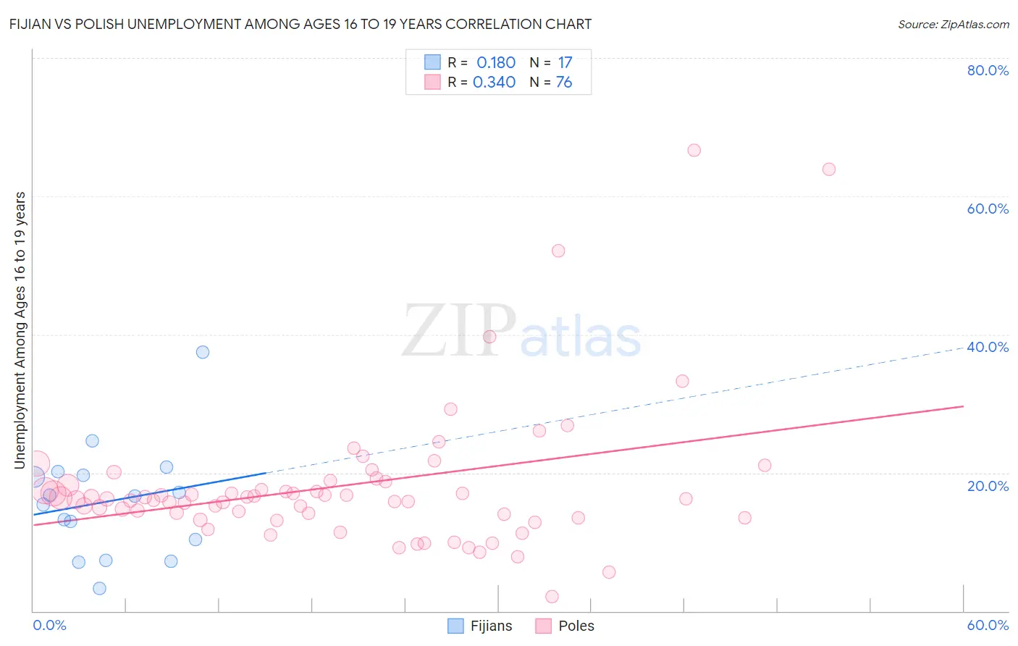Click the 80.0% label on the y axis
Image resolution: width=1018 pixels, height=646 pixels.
coord(988,70)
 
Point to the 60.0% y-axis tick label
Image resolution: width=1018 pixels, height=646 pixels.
coord(988,209)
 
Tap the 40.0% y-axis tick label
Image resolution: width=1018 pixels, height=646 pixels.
coord(988,347)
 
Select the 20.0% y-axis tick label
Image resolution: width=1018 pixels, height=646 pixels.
coord(988,486)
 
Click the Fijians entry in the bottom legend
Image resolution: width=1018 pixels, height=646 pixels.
coord(490,626)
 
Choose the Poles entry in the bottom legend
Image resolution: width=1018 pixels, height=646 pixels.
coord(576,626)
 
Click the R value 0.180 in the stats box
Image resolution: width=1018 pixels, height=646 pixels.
coord(496,63)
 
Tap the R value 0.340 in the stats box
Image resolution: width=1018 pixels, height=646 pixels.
coord(494,83)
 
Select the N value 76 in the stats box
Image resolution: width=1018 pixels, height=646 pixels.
coord(564,83)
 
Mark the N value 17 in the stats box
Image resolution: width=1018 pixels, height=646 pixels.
coord(565,63)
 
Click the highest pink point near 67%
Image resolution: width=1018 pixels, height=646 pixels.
coord(694,151)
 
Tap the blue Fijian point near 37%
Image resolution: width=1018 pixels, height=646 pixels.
coord(203,352)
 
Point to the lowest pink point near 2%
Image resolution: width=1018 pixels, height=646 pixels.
coord(552,597)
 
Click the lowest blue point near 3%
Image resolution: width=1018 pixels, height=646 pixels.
coord(99,588)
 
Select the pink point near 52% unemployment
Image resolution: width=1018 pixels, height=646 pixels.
coord(558,251)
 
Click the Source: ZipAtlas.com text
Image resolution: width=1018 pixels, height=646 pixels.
coord(953,25)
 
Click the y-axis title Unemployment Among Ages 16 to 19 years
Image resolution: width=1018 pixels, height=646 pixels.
coord(20,330)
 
